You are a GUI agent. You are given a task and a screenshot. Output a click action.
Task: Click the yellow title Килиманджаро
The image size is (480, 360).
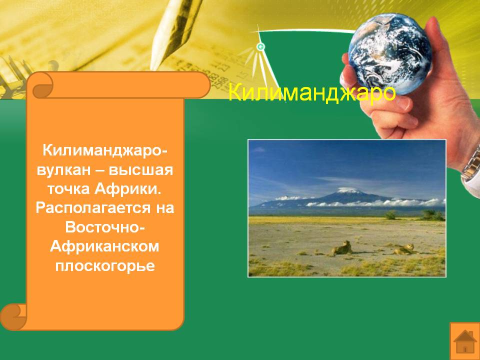click(x=312, y=92)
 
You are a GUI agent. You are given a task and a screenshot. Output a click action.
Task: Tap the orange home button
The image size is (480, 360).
click(x=464, y=340)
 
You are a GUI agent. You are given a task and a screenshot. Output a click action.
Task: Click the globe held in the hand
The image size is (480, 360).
click(x=389, y=53)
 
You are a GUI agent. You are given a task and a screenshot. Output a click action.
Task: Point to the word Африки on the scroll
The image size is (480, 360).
click(x=127, y=188)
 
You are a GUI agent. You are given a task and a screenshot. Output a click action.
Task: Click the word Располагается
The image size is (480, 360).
click(x=93, y=208)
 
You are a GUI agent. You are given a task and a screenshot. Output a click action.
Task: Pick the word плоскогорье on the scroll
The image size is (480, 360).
click(x=105, y=265)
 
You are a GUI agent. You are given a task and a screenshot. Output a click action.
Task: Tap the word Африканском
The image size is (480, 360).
click(x=104, y=246)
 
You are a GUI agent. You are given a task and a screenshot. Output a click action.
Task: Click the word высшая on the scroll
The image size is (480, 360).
click(x=141, y=170)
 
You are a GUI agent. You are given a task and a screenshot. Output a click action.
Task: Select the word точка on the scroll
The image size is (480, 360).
click(x=68, y=189)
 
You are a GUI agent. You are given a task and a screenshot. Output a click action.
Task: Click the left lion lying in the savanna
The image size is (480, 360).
click(x=341, y=248)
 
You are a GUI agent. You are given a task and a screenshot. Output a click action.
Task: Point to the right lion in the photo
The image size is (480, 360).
click(x=404, y=249)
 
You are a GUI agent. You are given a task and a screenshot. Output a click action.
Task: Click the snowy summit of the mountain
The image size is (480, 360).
click(x=348, y=190)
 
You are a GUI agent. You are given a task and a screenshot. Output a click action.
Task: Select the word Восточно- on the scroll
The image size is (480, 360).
click(x=104, y=227)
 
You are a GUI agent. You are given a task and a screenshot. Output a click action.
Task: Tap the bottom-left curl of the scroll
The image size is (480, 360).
click(x=13, y=317)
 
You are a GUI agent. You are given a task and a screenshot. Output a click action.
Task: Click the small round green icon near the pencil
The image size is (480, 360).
click(x=260, y=47)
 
